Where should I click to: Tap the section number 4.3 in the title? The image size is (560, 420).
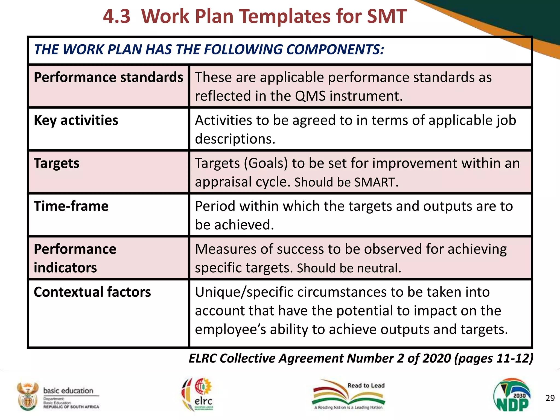[117, 16]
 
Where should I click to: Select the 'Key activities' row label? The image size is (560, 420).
[76, 120]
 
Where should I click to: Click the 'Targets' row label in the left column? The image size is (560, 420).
[57, 163]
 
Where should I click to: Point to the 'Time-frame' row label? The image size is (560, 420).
[71, 206]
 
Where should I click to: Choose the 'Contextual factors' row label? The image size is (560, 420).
[92, 292]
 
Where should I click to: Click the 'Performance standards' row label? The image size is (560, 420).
[108, 77]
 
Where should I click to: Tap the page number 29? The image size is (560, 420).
[550, 398]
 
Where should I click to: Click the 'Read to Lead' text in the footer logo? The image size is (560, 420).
[366, 386]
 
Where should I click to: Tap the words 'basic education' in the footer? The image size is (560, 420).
[68, 390]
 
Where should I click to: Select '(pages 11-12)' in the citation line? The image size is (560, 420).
[494, 358]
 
